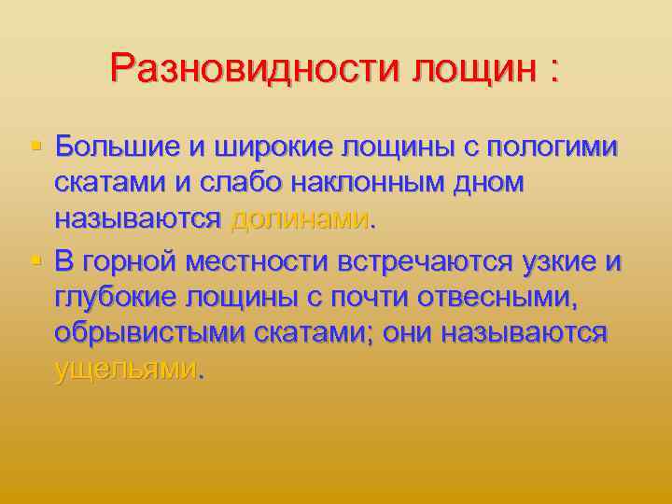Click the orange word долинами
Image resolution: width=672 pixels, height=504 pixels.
(299, 221)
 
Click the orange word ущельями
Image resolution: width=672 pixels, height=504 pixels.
(126, 371)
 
